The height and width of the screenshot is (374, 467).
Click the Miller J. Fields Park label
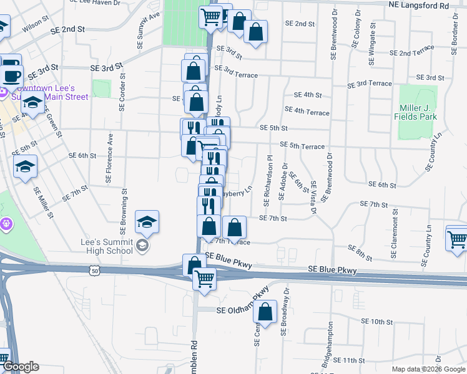click(x=418, y=112)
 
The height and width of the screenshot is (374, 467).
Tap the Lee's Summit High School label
click(x=107, y=246)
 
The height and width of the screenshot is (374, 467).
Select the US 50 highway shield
click(x=95, y=271)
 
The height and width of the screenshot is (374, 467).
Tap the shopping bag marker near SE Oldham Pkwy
click(x=265, y=314)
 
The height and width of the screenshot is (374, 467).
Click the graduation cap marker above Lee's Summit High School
click(x=147, y=223)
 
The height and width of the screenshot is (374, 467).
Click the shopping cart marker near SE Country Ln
click(x=457, y=238)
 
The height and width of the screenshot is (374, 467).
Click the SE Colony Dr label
click(x=356, y=29)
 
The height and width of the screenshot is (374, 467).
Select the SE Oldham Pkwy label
click(x=242, y=310)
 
